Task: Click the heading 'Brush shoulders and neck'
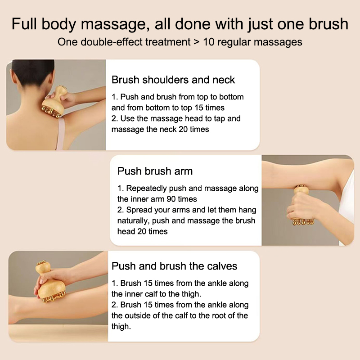click(173, 80)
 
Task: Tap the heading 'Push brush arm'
click(155, 171)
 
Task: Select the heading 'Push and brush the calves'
click(174, 266)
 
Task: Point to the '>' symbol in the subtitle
click(197, 42)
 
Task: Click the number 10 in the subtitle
click(209, 42)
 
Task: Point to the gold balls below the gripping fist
click(303, 222)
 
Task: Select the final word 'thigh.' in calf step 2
click(121, 327)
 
